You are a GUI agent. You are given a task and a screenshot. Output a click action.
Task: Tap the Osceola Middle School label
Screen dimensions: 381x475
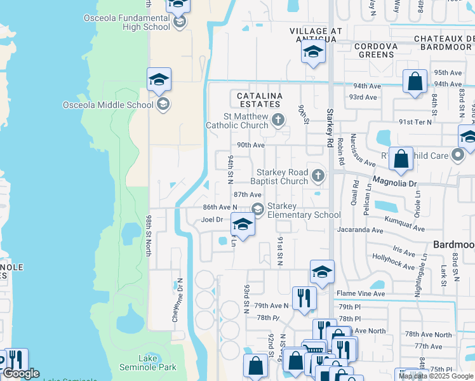click(x=108, y=105)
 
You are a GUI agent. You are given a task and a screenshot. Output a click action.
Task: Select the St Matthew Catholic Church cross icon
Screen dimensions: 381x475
click(x=278, y=119)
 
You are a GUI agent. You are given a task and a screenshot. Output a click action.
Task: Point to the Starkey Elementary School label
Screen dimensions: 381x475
click(x=304, y=210)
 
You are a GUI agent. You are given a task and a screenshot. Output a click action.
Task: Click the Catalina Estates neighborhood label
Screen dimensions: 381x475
click(x=259, y=99)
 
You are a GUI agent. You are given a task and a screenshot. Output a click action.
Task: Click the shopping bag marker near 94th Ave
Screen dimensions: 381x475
click(x=415, y=82)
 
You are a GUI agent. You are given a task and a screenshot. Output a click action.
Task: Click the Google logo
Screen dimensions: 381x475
click(x=21, y=373)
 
